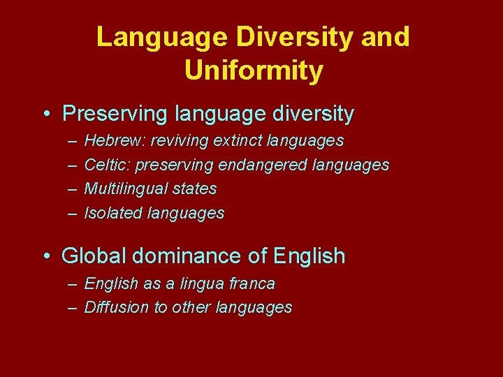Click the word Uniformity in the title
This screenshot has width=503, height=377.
tap(254, 71)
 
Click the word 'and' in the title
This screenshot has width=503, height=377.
tap(386, 37)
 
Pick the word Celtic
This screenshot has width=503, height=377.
tap(107, 165)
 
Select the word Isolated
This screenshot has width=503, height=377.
tap(113, 214)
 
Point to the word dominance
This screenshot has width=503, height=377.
tap(187, 256)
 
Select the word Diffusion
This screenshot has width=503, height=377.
tap(116, 308)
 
